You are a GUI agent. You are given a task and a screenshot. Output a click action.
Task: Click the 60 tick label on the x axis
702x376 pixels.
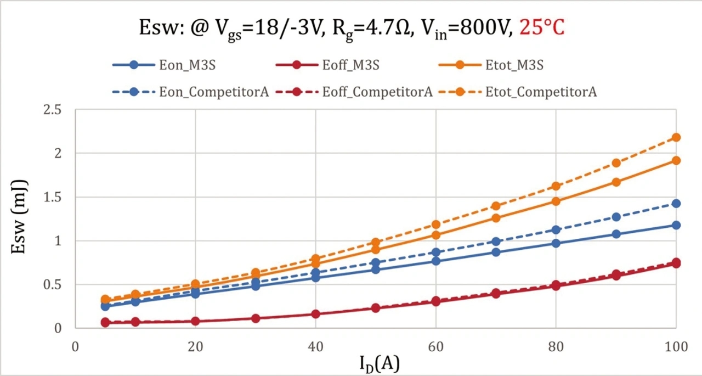(x=435, y=347)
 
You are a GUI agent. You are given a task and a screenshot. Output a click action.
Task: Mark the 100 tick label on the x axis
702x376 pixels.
(x=676, y=347)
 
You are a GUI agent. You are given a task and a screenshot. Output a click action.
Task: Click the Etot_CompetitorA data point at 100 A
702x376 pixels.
(x=676, y=137)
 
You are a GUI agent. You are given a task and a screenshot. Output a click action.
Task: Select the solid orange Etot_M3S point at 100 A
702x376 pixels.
(x=676, y=160)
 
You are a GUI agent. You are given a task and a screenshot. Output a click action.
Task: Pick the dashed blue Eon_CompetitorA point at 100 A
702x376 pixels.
(x=676, y=204)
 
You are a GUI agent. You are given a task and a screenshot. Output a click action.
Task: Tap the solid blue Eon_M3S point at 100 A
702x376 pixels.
(x=676, y=225)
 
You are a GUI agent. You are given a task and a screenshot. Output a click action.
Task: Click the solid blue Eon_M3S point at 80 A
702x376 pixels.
(x=556, y=243)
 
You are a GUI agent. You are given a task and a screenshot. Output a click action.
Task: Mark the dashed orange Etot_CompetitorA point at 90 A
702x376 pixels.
(x=616, y=163)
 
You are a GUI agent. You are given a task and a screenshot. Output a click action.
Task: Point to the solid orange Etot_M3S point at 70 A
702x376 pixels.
(x=496, y=218)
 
